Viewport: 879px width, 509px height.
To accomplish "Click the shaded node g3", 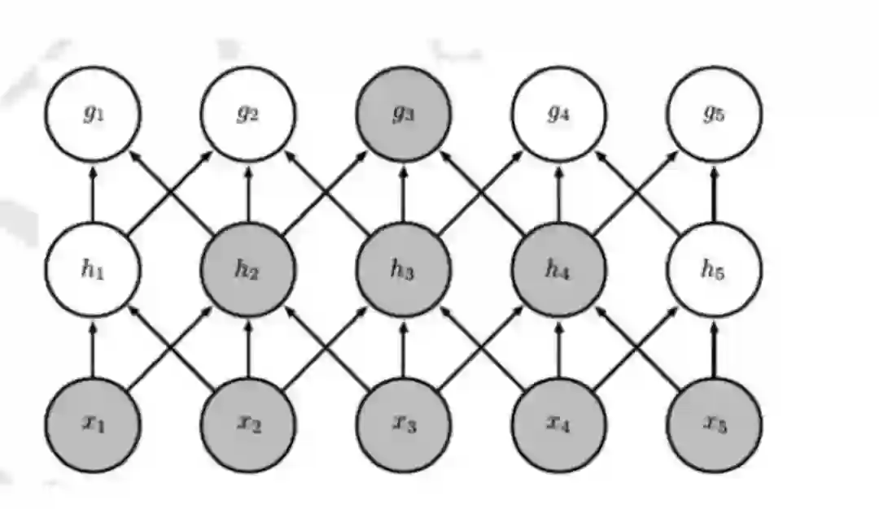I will pos(404,113).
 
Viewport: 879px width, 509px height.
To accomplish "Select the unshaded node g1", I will pos(93,113).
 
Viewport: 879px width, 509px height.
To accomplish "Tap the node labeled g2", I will pos(248,113).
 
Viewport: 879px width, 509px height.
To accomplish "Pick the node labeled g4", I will pos(558,113).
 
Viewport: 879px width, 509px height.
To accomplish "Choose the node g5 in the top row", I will pos(714,113).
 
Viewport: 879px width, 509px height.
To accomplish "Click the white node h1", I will pos(93,269).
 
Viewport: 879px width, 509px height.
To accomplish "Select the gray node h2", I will pos(248,269).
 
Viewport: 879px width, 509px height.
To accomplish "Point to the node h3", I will pos(404,269).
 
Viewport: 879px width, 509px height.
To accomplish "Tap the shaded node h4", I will pos(558,269).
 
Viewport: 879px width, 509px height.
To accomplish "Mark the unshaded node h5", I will pos(714,269).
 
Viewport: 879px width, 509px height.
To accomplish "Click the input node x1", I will pos(93,424).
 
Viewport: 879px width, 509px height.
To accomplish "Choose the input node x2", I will pos(248,424).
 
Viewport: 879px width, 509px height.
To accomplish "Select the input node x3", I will pos(404,424).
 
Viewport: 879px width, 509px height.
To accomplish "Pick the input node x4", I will pos(558,424).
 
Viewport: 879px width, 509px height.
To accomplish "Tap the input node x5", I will pos(714,424).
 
